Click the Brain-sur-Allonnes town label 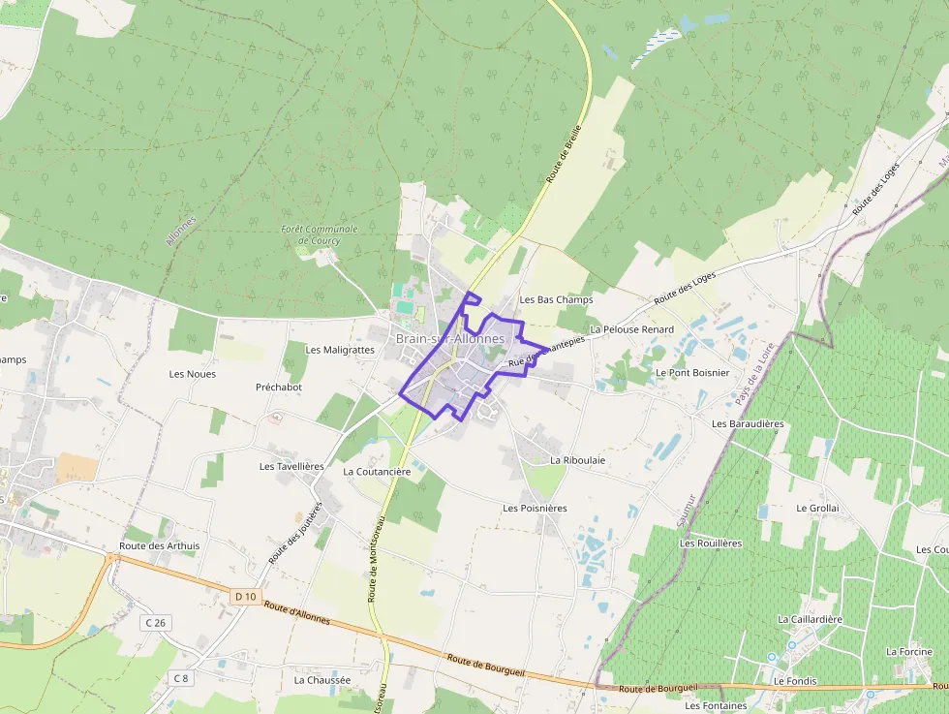pos(449,338)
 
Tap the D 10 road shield pos(245,597)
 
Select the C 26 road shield pos(155,622)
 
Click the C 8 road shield pos(181,677)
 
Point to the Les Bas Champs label pos(556,300)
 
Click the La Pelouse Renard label pos(631,329)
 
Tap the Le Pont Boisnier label pos(692,372)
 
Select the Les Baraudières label pos(748,423)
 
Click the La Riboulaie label pos(577,460)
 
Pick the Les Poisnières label pos(535,508)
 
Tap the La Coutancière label pos(377,471)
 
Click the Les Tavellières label pos(291,466)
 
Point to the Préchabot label pos(279,387)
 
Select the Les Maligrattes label pos(340,350)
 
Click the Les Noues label pos(193,374)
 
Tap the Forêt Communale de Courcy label pos(320,234)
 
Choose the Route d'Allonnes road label pos(297,613)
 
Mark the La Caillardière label pos(810,619)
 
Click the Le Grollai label pos(817,508)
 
